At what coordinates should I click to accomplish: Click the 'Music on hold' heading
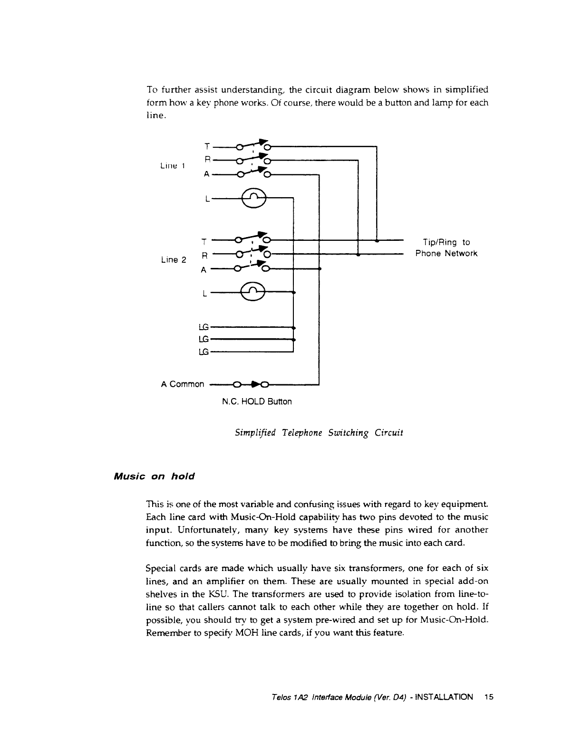[x=155, y=476]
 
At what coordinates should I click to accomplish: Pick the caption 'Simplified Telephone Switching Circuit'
[x=319, y=433]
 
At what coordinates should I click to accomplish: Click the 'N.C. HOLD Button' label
[x=257, y=402]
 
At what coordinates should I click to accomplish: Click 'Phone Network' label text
[x=446, y=254]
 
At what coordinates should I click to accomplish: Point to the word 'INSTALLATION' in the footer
[x=444, y=697]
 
